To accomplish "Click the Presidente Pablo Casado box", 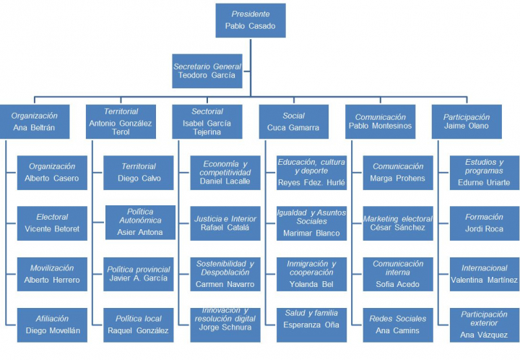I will (x=251, y=21).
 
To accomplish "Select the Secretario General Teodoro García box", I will (x=207, y=71).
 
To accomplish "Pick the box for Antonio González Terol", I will (x=121, y=121).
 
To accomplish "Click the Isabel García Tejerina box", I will (x=207, y=121).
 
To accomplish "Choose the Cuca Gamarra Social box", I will (x=294, y=121).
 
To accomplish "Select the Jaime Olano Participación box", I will (x=467, y=121).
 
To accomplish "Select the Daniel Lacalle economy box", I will (x=226, y=173).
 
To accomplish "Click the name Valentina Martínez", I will (x=484, y=280).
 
